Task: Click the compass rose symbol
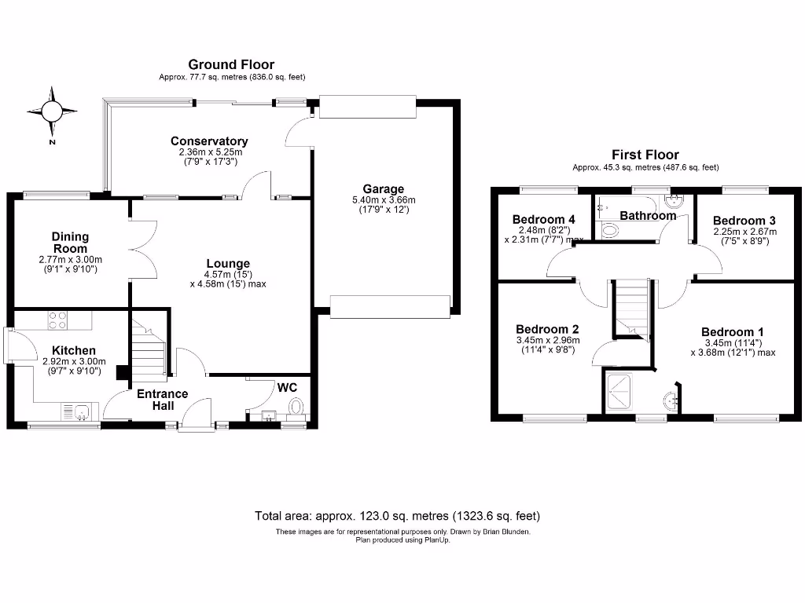point(53,111)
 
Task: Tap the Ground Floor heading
point(230,64)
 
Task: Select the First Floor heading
point(645,155)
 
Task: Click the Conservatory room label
point(209,141)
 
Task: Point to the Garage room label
point(383,189)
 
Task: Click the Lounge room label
point(228,264)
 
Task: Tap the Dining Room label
point(71,242)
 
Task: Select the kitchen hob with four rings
point(57,320)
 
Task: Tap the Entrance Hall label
point(163,399)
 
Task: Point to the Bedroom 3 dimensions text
point(744,236)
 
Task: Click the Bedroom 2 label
point(547,329)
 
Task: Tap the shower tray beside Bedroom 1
point(621,393)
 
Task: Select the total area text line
point(397,516)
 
